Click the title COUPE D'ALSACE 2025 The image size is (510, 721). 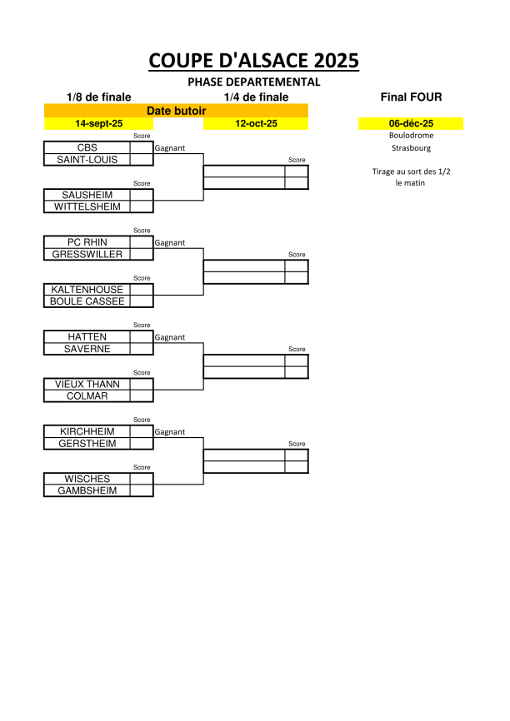[x=253, y=61]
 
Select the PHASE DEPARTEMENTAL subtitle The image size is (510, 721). [x=253, y=82]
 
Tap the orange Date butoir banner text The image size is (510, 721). [x=177, y=111]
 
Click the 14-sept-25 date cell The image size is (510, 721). [x=99, y=123]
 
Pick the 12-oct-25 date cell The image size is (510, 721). [x=256, y=123]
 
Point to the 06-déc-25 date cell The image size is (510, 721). [x=411, y=123]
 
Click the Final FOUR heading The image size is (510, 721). [x=411, y=97]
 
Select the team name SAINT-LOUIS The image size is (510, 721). [x=87, y=160]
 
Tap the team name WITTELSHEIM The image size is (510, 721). [x=87, y=206]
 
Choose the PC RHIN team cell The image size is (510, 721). [x=87, y=242]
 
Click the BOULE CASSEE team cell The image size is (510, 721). [x=87, y=301]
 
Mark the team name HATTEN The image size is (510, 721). [x=87, y=336]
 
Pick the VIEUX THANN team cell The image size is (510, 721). [x=87, y=384]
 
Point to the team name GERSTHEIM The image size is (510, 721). [x=87, y=443]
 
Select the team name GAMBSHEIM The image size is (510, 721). [x=87, y=490]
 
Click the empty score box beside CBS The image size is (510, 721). [x=142, y=147]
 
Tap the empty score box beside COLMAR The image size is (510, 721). [x=142, y=396]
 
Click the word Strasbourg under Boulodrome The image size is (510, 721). [x=411, y=148]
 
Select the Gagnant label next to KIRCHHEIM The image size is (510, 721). [x=170, y=432]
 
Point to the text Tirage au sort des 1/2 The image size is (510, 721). [x=411, y=172]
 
